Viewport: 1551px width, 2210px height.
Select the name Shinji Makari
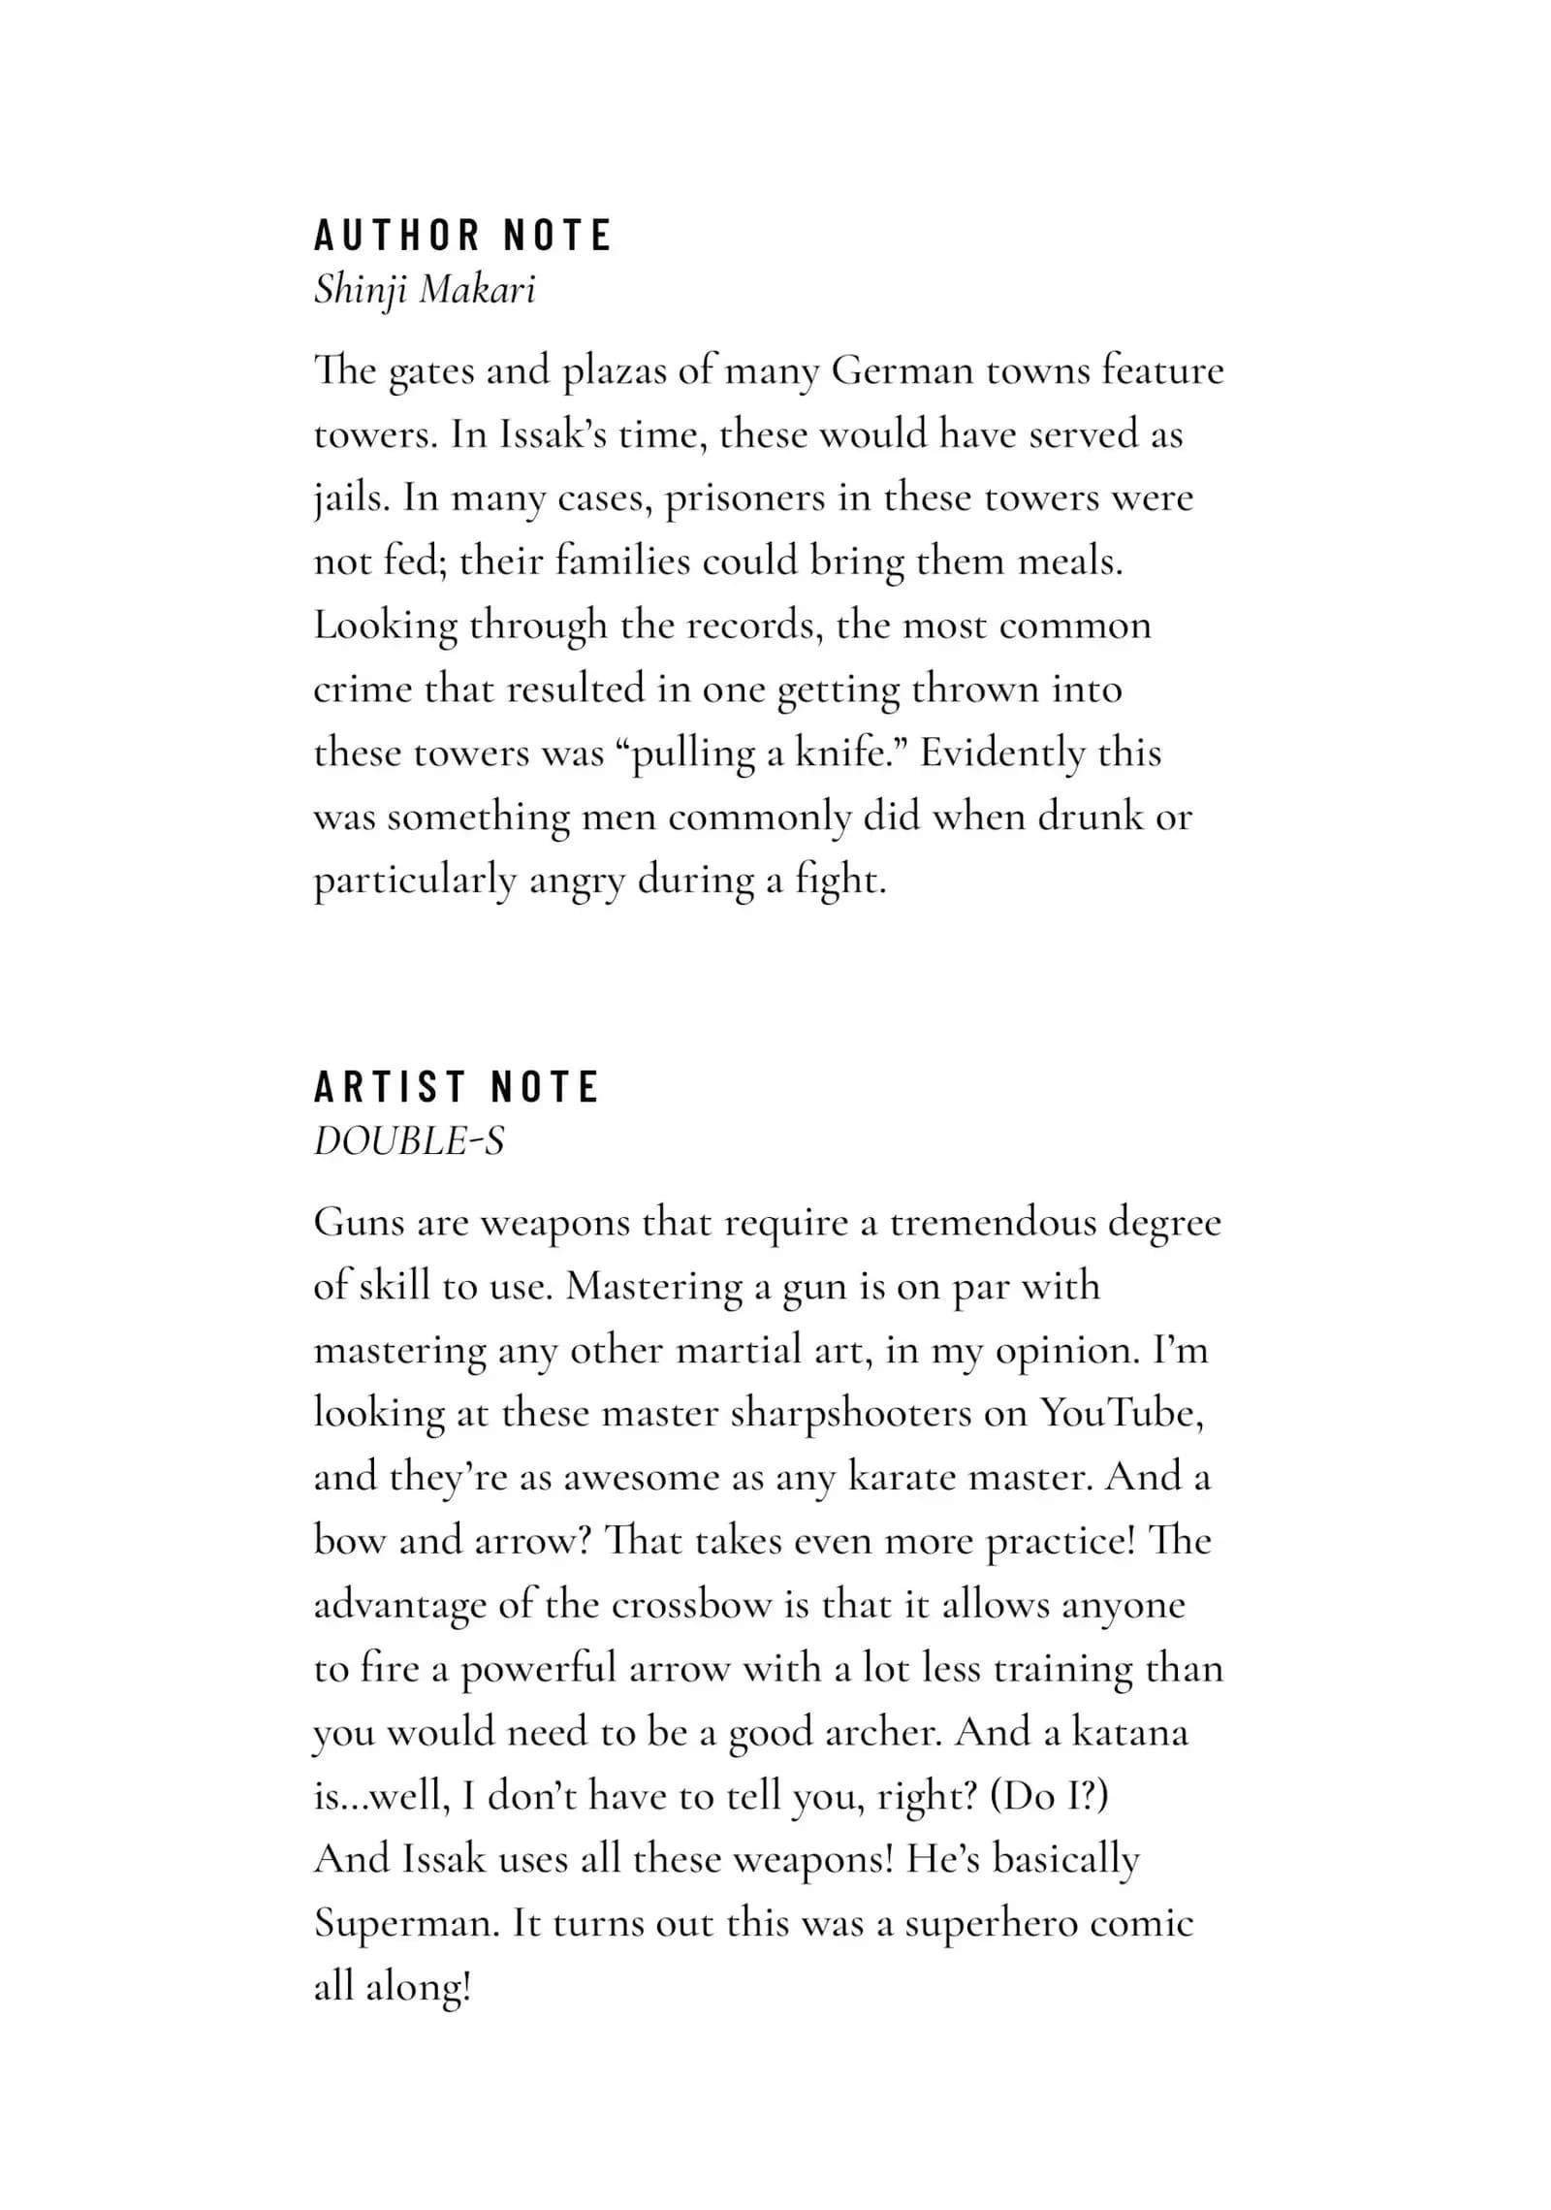point(425,290)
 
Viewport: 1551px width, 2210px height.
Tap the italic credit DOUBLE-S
point(409,1141)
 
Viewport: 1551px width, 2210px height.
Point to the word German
point(902,371)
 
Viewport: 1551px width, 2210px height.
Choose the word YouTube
point(1122,1413)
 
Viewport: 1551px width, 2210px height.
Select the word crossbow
point(690,1605)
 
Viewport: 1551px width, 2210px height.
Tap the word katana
point(1129,1732)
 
